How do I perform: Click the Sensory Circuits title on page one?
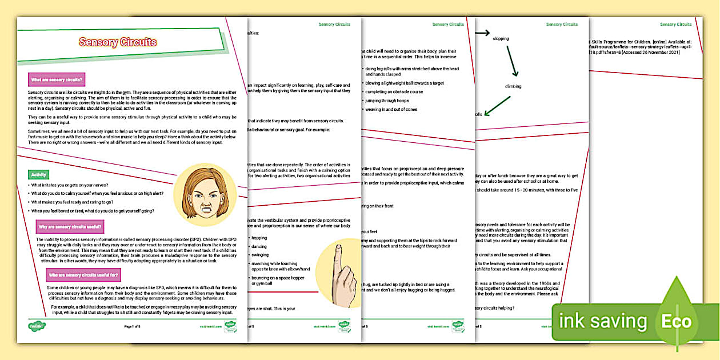[x=118, y=42]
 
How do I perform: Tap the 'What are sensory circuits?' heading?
[x=57, y=80]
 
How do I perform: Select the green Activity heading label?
[x=39, y=174]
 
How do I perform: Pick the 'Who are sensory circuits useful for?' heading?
[x=83, y=274]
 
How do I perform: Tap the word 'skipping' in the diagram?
[x=501, y=39]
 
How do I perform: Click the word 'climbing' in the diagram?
[x=513, y=86]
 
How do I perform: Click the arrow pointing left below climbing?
[x=497, y=105]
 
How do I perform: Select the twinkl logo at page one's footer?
[x=37, y=327]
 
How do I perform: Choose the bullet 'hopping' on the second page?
[x=259, y=238]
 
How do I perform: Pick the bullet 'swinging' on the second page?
[x=260, y=255]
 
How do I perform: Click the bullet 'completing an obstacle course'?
[x=394, y=91]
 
